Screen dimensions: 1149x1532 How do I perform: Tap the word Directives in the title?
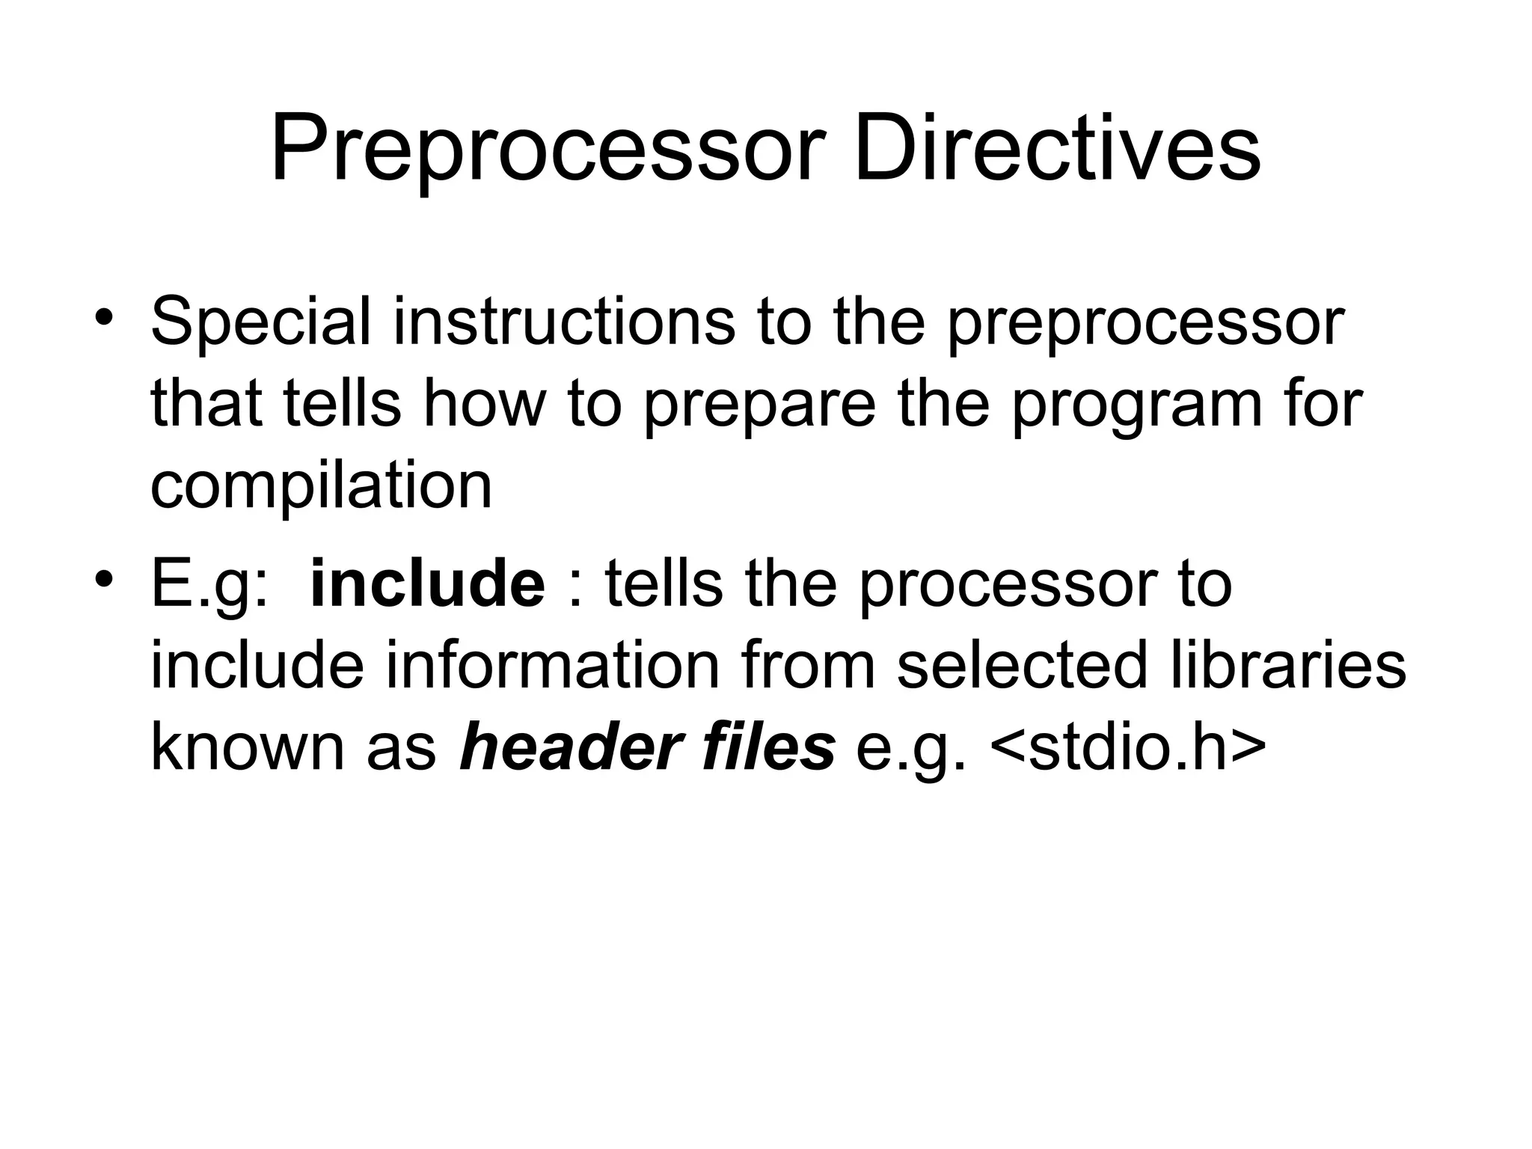click(1056, 150)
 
